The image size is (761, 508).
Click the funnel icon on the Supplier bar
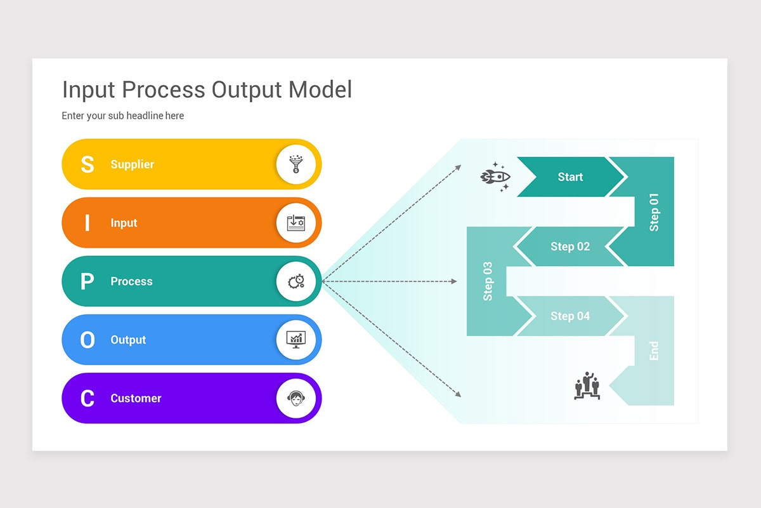pos(296,164)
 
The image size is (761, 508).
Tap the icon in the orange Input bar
pos(296,223)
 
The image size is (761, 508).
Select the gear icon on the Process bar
pos(296,281)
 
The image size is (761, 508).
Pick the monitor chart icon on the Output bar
pos(296,340)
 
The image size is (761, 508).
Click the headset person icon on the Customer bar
pos(296,398)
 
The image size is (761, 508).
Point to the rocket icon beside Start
pos(495,177)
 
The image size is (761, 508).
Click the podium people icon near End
pos(587,386)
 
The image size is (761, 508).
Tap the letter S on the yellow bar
pos(87,164)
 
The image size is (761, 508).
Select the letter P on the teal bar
pos(87,281)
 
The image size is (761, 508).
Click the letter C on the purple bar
pos(87,399)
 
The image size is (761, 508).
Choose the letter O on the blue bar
pos(87,340)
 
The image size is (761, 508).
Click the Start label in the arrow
pos(570,177)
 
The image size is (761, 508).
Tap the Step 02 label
pos(570,246)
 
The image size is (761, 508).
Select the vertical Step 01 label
pos(654,211)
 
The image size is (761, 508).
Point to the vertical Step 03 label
pos(488,281)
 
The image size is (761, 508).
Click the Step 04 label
pos(570,316)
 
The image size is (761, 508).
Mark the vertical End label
pos(654,351)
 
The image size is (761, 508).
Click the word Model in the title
pos(320,90)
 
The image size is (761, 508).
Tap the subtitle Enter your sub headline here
pos(123,116)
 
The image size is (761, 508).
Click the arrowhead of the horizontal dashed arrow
pos(454,281)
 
